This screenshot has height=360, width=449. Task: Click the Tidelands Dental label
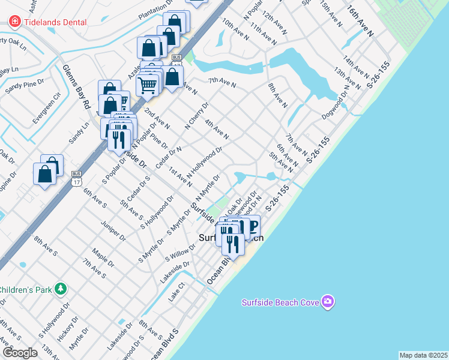click(x=55, y=22)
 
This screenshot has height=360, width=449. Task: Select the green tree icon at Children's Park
click(x=60, y=289)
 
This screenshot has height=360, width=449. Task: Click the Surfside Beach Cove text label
click(x=280, y=302)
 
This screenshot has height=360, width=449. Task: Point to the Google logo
click(x=19, y=353)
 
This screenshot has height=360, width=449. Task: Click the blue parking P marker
click(x=253, y=226)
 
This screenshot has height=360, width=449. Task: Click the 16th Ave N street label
click(x=360, y=22)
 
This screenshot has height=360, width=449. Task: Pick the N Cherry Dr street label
click(x=196, y=116)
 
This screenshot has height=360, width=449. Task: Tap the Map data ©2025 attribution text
click(x=423, y=355)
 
